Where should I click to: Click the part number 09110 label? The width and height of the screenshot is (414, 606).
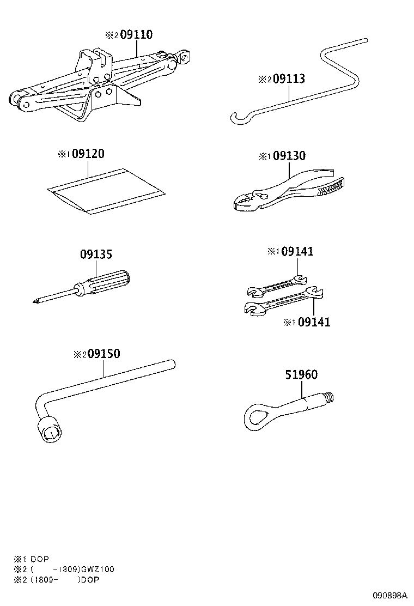(136, 35)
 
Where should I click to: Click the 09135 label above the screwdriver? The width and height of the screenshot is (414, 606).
(96, 254)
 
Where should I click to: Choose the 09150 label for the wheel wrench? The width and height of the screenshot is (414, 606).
(104, 354)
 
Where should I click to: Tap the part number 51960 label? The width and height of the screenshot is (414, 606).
(301, 374)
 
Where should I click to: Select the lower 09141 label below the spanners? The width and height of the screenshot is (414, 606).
(314, 322)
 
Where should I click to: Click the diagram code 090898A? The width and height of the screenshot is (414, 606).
(389, 595)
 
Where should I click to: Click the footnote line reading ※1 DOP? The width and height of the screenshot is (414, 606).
(32, 559)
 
